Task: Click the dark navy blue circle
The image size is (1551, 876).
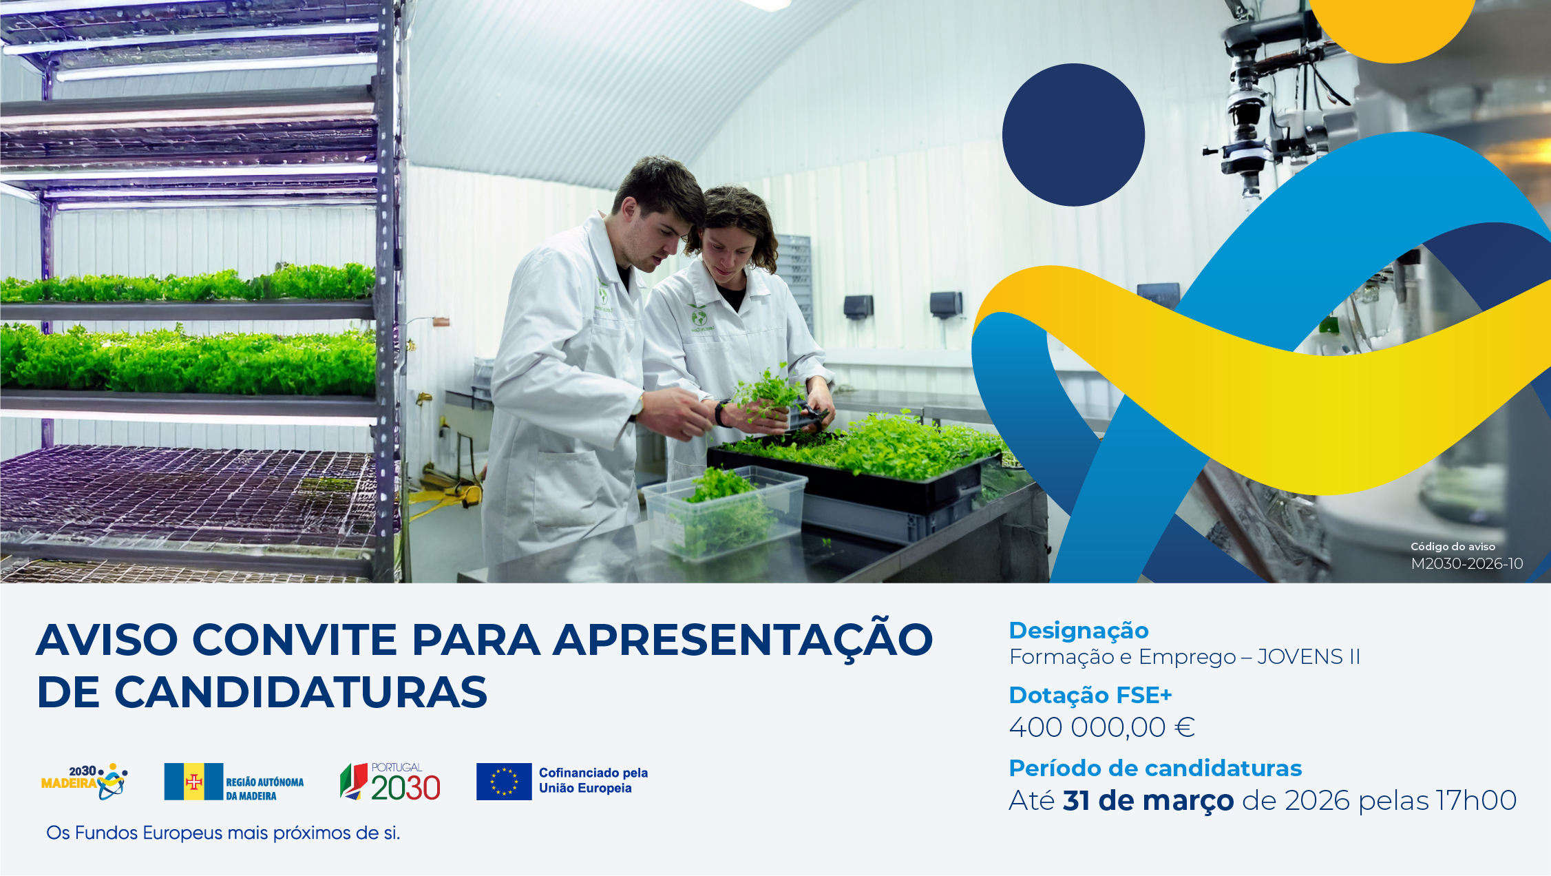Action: pyautogui.click(x=1073, y=135)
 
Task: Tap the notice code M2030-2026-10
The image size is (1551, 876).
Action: pyautogui.click(x=1467, y=563)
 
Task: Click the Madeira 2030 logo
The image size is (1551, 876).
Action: pyautogui.click(x=84, y=782)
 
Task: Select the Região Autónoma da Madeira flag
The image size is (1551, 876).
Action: pyautogui.click(x=193, y=782)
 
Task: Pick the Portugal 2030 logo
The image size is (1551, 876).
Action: pyautogui.click(x=390, y=782)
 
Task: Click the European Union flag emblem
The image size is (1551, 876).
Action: pyautogui.click(x=504, y=782)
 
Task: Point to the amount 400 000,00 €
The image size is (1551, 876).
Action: pyautogui.click(x=1101, y=727)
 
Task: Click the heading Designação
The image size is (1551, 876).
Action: pyautogui.click(x=1079, y=631)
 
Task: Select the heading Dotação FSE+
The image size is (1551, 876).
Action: pyautogui.click(x=1090, y=696)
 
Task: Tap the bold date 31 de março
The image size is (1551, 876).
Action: pyautogui.click(x=1148, y=800)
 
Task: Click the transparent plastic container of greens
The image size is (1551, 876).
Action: pyautogui.click(x=724, y=512)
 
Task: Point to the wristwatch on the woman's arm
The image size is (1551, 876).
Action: pyautogui.click(x=721, y=413)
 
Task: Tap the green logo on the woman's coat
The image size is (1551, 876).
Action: pyautogui.click(x=699, y=318)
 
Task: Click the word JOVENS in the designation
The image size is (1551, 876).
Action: pyautogui.click(x=1300, y=657)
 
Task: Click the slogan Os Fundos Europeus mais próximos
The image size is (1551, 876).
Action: pyautogui.click(x=223, y=833)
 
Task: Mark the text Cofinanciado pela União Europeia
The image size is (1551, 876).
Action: pyautogui.click(x=593, y=781)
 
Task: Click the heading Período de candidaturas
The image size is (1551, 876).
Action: pyautogui.click(x=1155, y=768)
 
